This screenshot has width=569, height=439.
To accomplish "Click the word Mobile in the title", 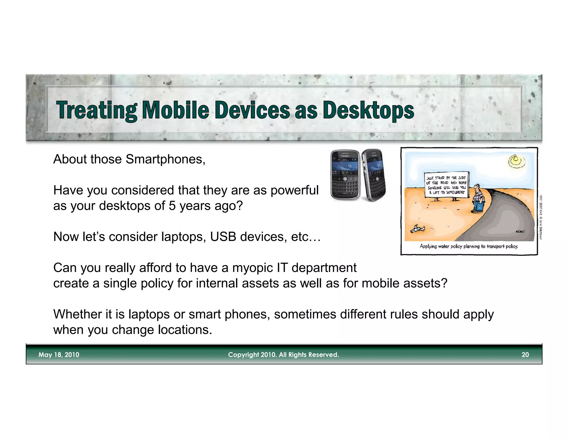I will click(175, 110).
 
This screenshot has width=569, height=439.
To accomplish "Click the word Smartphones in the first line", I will click(164, 159).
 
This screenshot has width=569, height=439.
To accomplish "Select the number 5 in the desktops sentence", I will click(172, 206).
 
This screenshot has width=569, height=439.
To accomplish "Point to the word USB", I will click(223, 237).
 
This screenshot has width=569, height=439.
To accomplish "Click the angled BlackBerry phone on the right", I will click(374, 175).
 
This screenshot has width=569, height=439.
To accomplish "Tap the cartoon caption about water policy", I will click(469, 246).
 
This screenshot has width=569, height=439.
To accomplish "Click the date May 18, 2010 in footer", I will click(59, 355).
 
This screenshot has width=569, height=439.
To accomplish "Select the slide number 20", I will click(525, 355).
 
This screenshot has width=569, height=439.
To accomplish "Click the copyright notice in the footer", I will click(283, 355).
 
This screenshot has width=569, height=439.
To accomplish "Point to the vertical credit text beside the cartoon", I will click(540, 216).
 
